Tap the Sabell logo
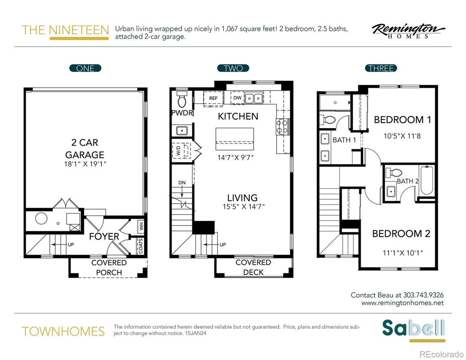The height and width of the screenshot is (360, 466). tap(413, 329)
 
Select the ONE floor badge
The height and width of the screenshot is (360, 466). tap(85, 68)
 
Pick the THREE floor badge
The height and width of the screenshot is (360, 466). tap(381, 68)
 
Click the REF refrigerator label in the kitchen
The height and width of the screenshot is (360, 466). tap(213, 98)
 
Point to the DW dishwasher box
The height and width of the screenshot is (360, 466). tap(237, 98)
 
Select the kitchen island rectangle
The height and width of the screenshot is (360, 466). tap(234, 138)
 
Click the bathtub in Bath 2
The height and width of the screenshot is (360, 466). tap(426, 181)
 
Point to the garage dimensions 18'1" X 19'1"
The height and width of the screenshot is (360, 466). tap(85, 164)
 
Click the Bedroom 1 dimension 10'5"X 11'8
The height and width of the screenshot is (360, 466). tap(402, 136)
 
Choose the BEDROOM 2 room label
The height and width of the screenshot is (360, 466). tap(401, 234)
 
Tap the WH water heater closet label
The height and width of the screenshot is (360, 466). tap(141, 226)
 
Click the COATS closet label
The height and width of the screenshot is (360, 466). tap(141, 246)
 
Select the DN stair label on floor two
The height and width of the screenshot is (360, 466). tap(182, 183)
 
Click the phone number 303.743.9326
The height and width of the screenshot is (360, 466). tap(423, 295)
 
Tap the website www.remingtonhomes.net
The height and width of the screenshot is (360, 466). tap(402, 303)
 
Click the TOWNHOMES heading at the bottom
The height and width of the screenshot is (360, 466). tap(63, 332)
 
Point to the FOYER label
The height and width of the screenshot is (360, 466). tap(104, 237)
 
